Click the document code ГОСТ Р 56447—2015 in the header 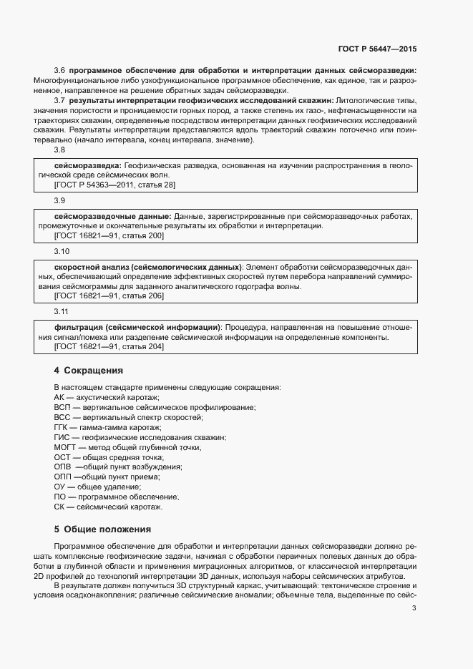coord(377,49)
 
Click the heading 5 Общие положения coord(102,529)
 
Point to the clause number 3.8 coord(59,150)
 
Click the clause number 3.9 coord(59,201)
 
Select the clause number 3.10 coord(62,252)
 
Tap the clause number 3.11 coord(62,312)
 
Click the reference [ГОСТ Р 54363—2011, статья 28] coord(114,185)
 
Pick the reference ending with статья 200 coord(109,235)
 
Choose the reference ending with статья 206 coord(109,296)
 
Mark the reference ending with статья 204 coord(109,346)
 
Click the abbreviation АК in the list coord(59,397)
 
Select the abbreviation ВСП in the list coord(62,407)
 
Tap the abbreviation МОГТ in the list coord(65,447)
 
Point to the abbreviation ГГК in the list coord(62,427)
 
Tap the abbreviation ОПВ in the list coord(63,467)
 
